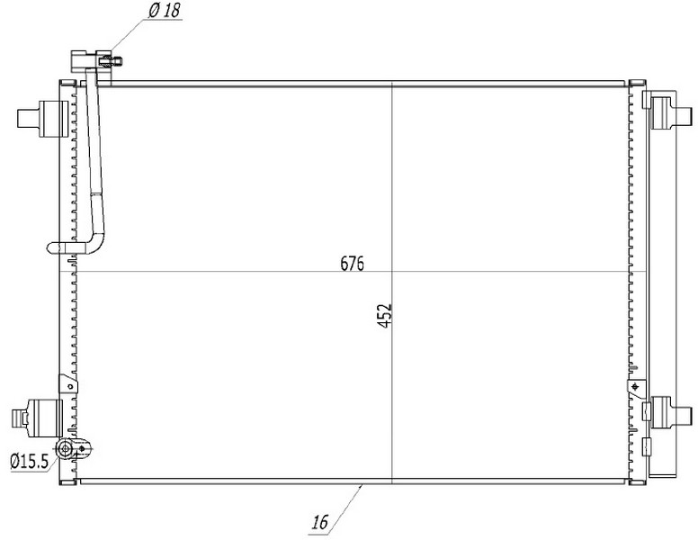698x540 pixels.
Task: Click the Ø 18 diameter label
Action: click(165, 11)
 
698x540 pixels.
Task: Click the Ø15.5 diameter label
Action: click(30, 461)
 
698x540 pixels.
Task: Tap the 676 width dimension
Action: click(352, 264)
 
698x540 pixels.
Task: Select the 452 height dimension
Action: click(385, 315)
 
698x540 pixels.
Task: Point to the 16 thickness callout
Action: click(319, 522)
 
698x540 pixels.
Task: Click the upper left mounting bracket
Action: click(43, 119)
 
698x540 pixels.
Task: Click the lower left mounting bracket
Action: click(37, 418)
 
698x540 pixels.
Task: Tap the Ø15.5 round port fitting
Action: click(66, 449)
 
